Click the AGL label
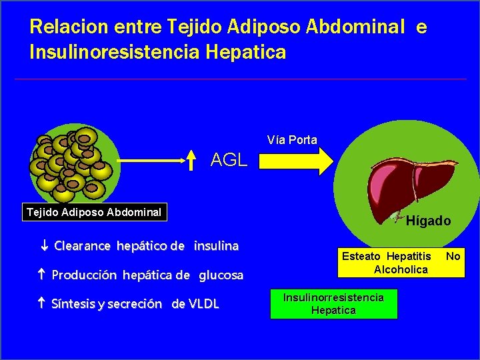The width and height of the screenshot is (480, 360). coord(229,160)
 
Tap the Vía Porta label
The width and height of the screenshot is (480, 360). coord(292,139)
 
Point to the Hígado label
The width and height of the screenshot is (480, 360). coord(429,221)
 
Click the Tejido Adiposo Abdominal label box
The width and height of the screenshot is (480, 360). coord(93,213)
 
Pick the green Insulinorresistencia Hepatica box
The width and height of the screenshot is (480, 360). coord(333,304)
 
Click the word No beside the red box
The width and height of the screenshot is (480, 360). coord(453,256)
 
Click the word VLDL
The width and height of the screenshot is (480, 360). coord(204,305)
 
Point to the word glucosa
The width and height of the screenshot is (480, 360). coord(221,275)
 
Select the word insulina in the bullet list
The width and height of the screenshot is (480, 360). coord(216,246)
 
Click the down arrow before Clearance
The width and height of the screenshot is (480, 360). coord(45,246)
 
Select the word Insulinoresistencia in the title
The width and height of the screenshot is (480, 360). coord(113,51)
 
